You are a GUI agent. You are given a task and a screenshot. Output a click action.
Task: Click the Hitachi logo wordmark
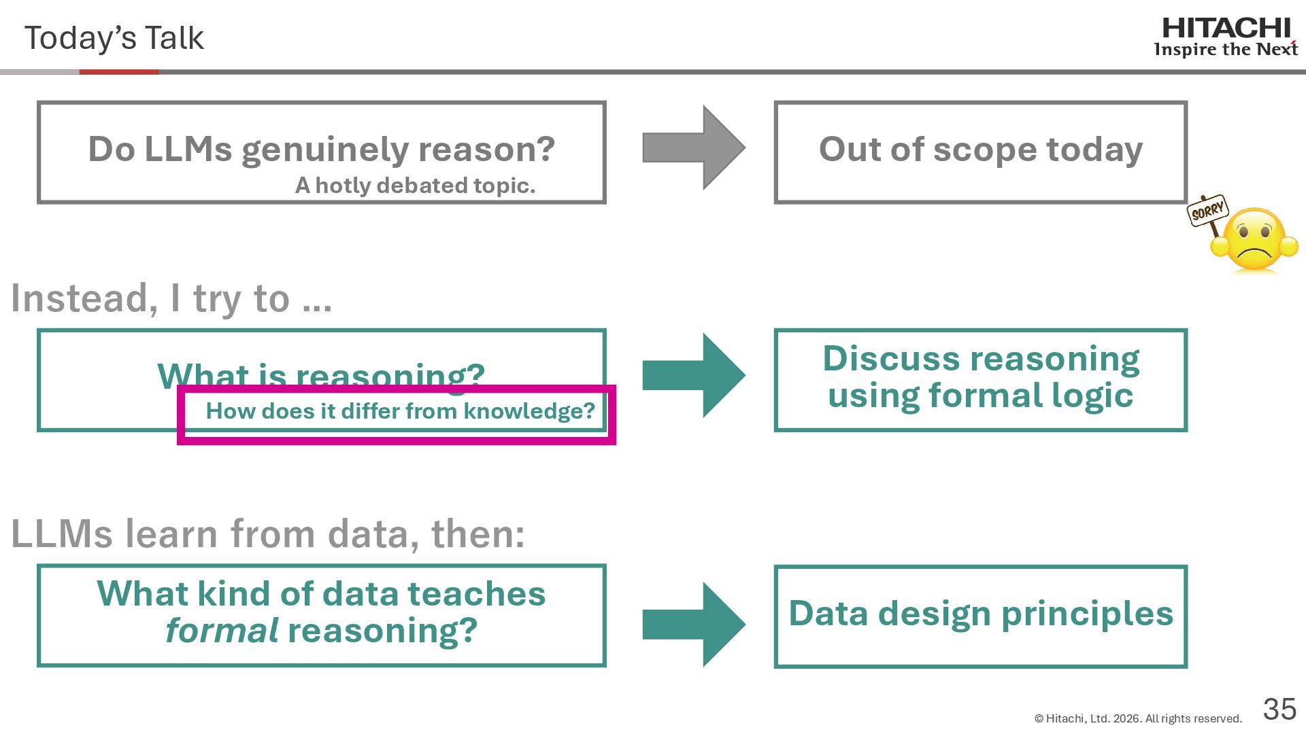[1226, 29]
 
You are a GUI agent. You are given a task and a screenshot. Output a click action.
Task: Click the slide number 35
[1279, 710]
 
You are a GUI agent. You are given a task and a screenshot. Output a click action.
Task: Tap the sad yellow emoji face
[1255, 241]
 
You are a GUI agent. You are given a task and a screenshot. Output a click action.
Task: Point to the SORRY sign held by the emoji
[1207, 211]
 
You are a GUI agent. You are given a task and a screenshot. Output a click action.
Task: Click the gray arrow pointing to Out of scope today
[693, 148]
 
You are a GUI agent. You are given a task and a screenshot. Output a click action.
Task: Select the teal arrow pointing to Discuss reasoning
[693, 375]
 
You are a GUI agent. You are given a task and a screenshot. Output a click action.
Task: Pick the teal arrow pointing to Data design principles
[693, 624]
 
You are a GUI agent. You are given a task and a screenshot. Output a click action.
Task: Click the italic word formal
[221, 631]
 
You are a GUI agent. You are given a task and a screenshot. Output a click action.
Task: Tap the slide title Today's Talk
[114, 38]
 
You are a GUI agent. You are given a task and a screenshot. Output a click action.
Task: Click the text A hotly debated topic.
[415, 186]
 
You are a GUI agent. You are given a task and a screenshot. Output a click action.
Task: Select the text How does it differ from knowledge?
[400, 411]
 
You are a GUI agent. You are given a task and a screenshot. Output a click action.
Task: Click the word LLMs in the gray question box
[188, 150]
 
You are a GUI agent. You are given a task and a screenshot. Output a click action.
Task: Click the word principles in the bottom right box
[1087, 614]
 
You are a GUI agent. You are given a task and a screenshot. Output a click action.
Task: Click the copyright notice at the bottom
[1137, 718]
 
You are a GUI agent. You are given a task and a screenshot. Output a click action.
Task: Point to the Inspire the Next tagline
[1226, 50]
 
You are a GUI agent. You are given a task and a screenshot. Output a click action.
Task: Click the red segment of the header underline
[119, 71]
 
